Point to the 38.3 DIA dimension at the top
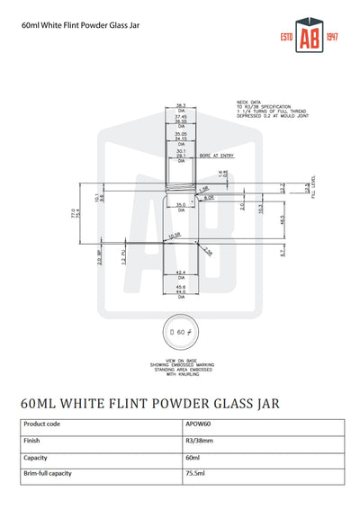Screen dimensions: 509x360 click(181, 107)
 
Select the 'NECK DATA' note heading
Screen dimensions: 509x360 click(249, 103)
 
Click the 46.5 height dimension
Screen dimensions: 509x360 click(257, 219)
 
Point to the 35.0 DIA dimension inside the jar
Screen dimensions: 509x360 click(181, 207)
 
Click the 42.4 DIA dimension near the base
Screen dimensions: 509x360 click(181, 272)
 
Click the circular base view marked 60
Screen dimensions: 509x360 click(180, 332)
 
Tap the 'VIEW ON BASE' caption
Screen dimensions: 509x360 click(180, 360)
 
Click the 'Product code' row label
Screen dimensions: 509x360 click(42, 424)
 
